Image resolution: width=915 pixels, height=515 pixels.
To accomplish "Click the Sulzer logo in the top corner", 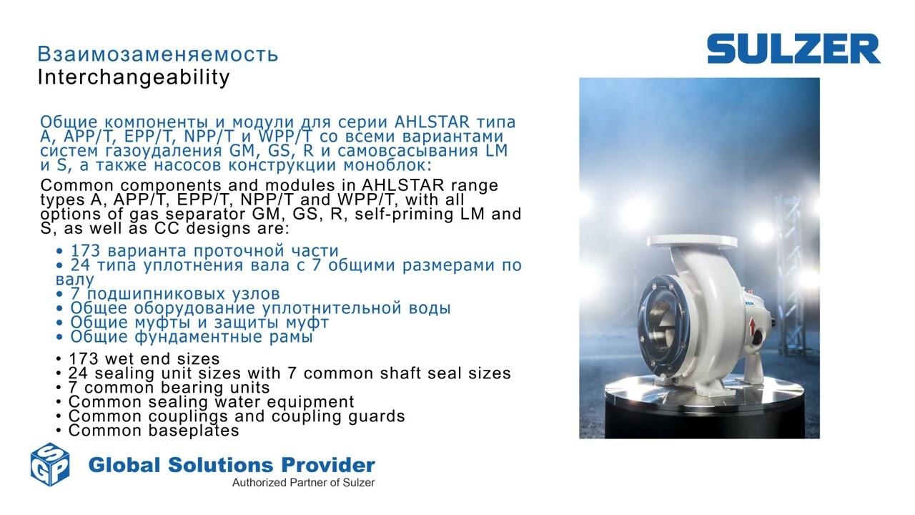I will click(793, 49).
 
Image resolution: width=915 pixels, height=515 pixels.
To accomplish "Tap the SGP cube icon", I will click(50, 464).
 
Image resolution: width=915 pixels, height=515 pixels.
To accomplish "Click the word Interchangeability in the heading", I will click(134, 77).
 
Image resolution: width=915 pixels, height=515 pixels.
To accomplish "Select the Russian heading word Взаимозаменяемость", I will click(158, 54).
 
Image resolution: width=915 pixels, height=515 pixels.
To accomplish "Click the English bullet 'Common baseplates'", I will click(154, 431).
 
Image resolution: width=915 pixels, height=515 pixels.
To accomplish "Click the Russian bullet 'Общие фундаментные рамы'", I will click(191, 337).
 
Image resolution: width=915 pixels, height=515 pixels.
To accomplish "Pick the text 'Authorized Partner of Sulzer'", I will click(303, 483).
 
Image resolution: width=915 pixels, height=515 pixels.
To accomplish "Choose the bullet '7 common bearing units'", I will click(169, 388).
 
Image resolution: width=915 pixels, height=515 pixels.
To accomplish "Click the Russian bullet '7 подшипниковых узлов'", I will click(174, 294).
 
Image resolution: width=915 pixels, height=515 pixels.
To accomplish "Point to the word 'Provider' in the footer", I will click(331, 465).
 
